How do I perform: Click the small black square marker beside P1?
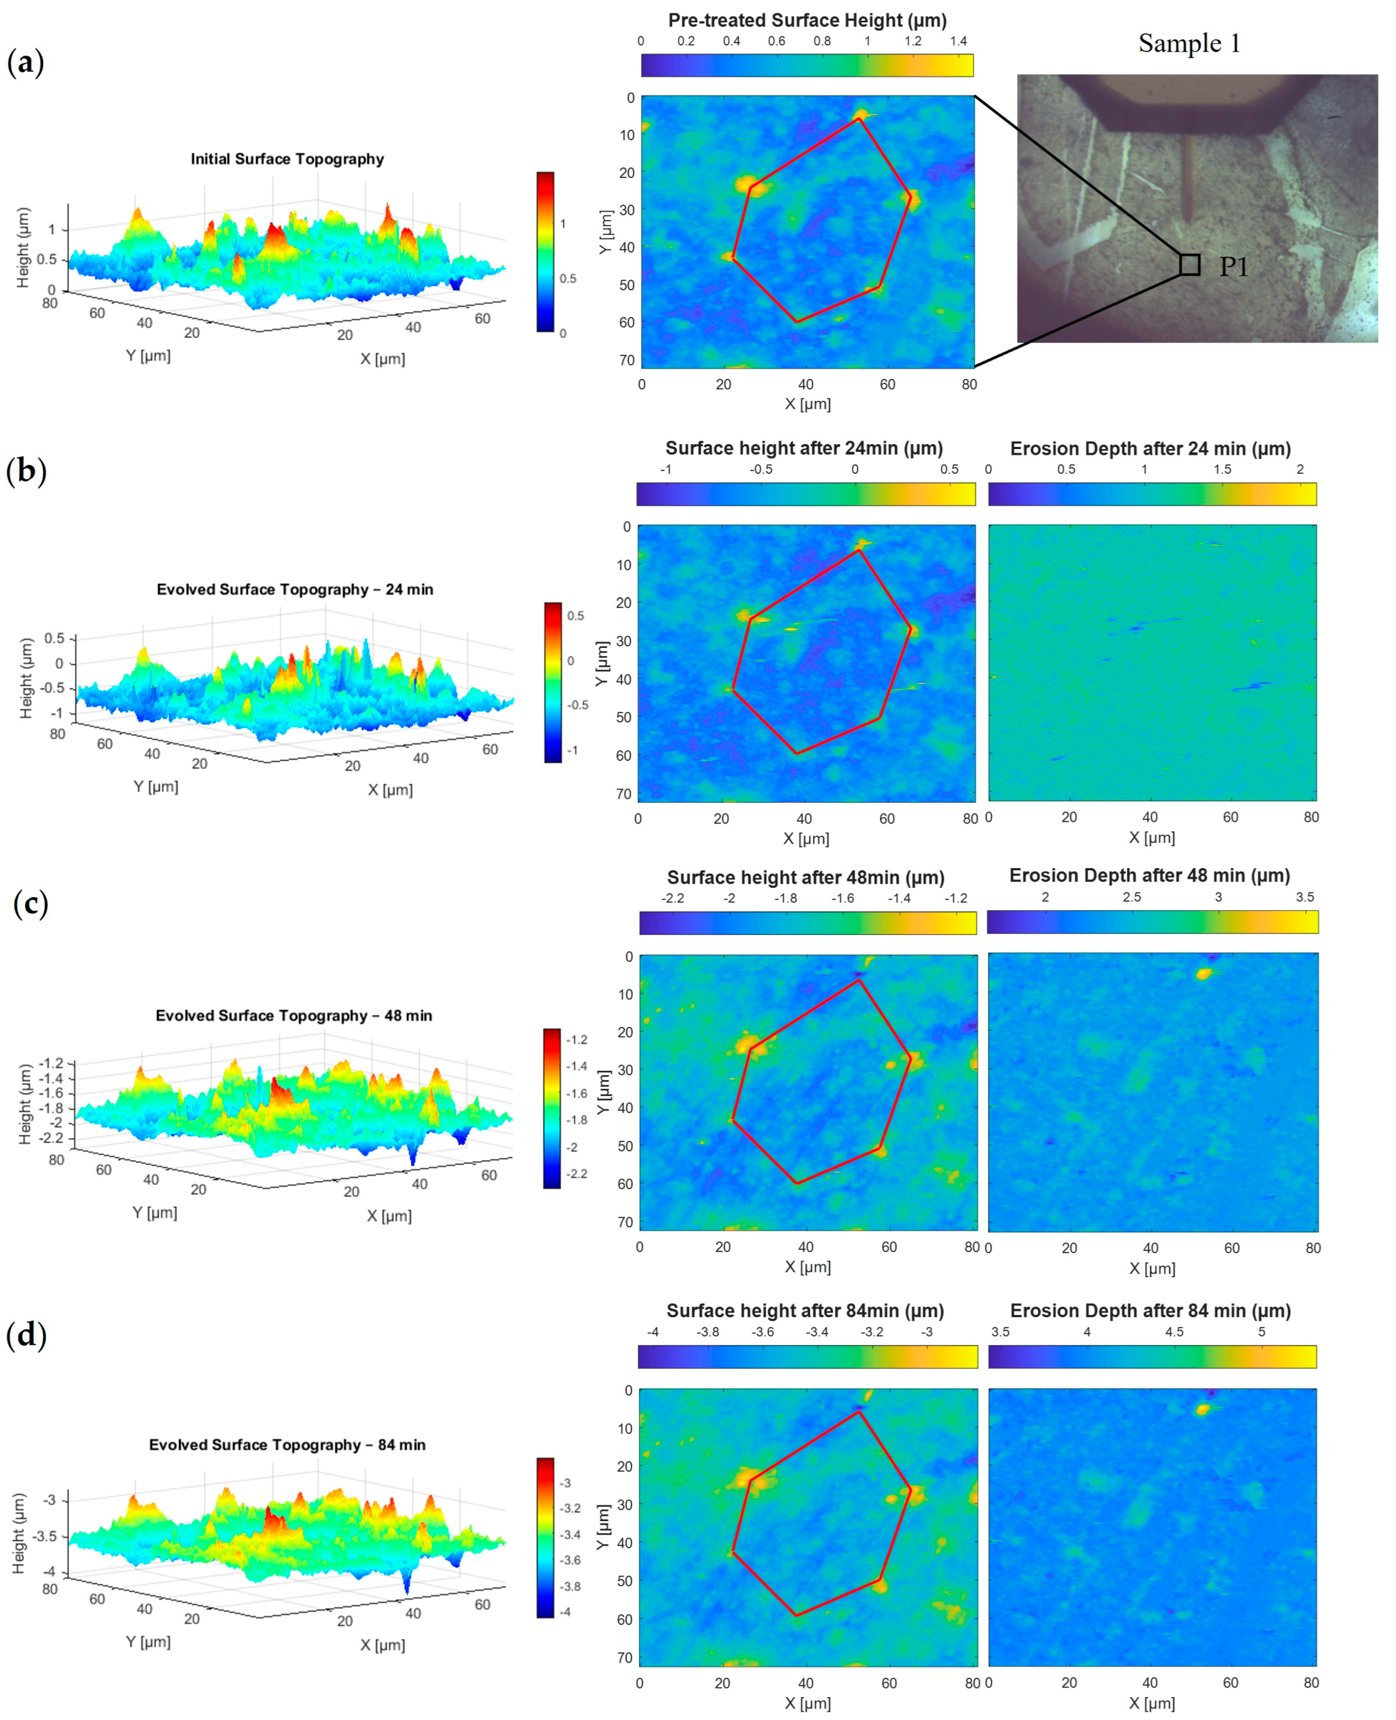(1189, 264)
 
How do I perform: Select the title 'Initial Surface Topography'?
(287, 159)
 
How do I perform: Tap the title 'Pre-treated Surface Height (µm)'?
(807, 20)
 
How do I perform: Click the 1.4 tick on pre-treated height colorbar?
(958, 41)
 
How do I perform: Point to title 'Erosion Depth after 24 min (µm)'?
(1150, 449)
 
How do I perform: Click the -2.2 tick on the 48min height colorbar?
(672, 898)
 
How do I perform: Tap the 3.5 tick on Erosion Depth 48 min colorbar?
(1304, 897)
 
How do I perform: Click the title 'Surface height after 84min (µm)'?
(805, 1311)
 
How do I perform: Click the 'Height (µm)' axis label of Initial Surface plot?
(22, 247)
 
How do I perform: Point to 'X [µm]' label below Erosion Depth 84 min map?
(1152, 1703)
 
